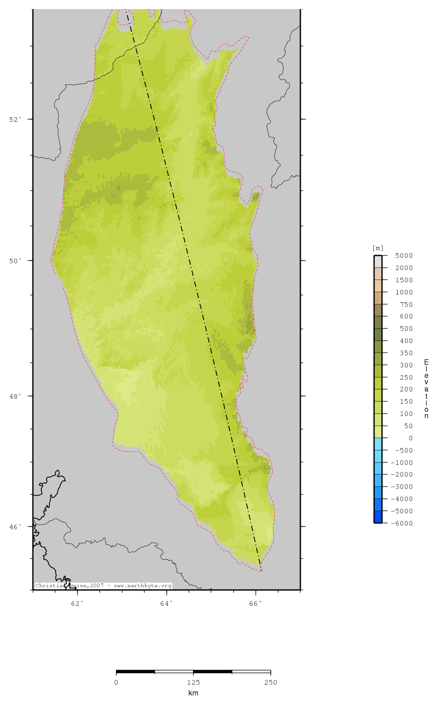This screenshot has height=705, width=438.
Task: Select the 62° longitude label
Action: pos(77,604)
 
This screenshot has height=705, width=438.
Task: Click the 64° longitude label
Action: pos(167,604)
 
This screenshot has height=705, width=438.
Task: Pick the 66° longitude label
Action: pos(255,604)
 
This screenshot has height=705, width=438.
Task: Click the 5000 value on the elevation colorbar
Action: pos(404,256)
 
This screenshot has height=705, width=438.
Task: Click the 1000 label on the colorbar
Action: pos(404,293)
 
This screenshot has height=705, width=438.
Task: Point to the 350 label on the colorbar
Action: pos(406,353)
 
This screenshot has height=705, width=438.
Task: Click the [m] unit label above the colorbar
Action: pos(378,248)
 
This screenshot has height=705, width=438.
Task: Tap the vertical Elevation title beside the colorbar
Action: pos(426,389)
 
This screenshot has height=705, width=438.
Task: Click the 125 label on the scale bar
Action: pos(193,682)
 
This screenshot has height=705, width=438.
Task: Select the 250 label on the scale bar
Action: pos(270,682)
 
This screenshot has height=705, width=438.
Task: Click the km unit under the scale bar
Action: pos(193,693)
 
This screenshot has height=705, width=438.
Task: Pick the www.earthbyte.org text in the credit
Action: pos(143,586)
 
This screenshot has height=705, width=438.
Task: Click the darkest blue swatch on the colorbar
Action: pos(378,517)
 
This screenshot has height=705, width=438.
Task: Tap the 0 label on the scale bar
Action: pos(116,682)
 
